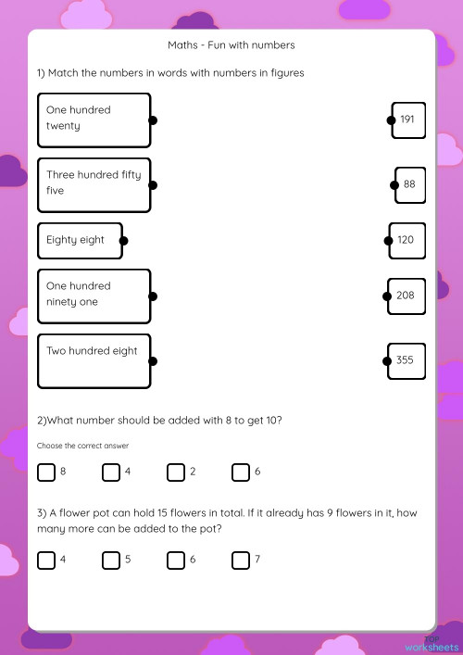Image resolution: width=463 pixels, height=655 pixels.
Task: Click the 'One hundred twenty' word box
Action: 94,120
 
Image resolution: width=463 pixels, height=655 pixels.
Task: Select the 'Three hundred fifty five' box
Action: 94,184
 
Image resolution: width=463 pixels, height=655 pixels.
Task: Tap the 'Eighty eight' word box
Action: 79,240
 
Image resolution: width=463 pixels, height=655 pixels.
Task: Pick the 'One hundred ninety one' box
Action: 94,296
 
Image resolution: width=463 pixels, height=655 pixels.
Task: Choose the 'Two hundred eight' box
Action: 94,360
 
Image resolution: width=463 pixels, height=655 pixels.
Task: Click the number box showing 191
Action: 408,120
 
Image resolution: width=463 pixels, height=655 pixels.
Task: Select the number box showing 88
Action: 410,184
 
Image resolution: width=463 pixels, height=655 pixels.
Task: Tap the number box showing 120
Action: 407,240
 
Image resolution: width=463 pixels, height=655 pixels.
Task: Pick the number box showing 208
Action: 407,296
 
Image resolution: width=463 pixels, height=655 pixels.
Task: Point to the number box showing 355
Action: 406,360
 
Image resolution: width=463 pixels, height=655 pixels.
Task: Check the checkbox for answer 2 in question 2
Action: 176,472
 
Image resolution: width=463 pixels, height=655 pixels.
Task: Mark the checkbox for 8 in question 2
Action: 46,472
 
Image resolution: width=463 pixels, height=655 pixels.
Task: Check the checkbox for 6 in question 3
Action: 176,560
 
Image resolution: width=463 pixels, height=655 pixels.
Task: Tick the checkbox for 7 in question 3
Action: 241,560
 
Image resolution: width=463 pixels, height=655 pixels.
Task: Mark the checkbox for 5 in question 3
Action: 111,560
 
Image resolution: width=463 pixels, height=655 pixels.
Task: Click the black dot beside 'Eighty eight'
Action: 123,241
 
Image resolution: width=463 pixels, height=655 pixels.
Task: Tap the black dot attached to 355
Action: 388,361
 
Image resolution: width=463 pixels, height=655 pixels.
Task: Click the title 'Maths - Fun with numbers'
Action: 231,44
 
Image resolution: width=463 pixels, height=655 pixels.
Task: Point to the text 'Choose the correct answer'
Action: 82,446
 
